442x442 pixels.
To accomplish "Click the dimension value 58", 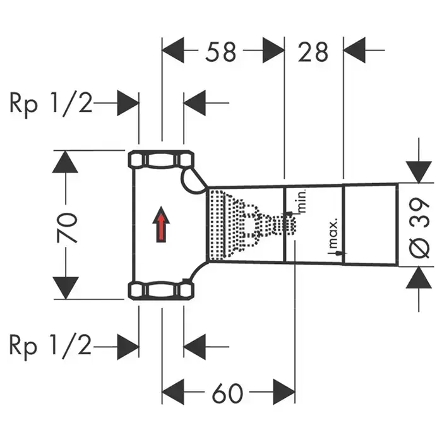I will tap(221, 52).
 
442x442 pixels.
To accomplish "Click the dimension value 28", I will tap(313, 52).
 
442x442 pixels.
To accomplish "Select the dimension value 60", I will tap(227, 394).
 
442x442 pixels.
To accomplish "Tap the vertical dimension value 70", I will tap(69, 227).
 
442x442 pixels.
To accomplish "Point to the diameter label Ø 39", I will tap(421, 227).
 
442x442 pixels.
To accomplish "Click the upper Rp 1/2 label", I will tap(50, 102).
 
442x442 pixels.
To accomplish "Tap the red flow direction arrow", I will tap(161, 225).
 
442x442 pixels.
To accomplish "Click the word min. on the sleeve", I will tap(301, 201).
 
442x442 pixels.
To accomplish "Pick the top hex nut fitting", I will tap(161, 159).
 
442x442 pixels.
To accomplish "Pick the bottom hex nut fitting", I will tap(161, 291).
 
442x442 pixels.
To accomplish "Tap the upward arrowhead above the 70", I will tap(65, 162).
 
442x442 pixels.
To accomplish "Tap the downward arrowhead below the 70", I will tap(65, 288).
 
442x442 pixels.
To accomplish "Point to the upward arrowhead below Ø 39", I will tap(418, 278).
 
